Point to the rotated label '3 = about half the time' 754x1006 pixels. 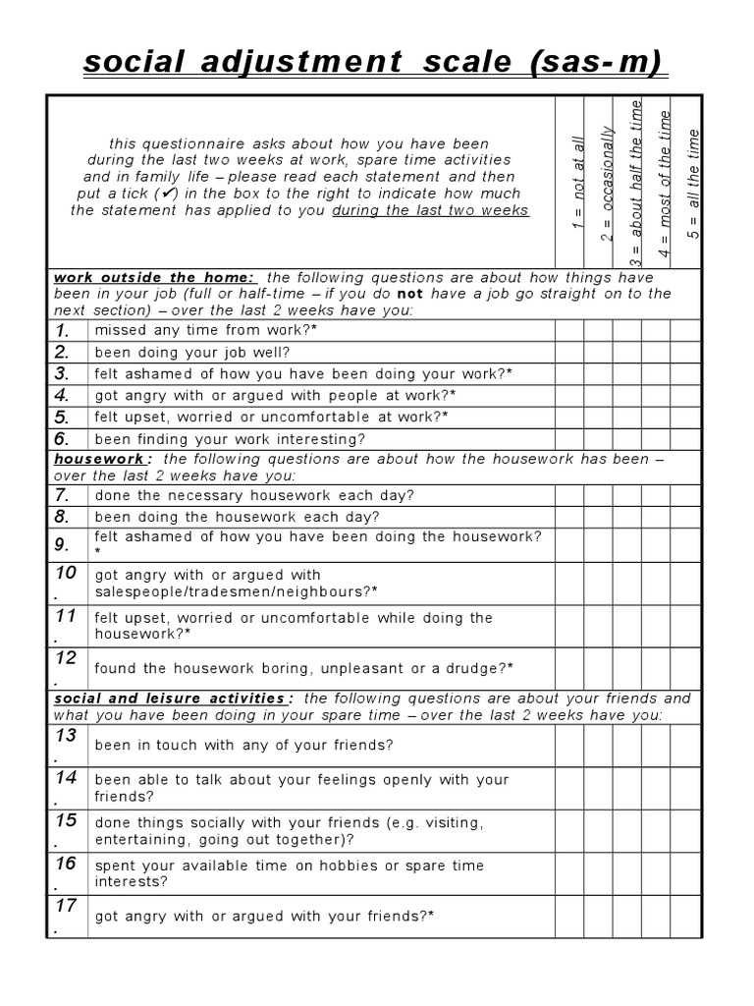point(636,182)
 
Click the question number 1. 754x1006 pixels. point(64,330)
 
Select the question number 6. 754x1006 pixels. point(64,438)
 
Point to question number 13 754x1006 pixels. point(66,737)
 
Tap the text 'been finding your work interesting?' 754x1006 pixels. point(230,438)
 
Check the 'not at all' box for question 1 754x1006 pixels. point(569,330)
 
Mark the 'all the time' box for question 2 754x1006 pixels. point(685,352)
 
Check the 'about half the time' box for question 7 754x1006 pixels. point(627,494)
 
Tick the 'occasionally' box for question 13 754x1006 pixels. point(598,745)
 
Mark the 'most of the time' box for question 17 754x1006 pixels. point(656,917)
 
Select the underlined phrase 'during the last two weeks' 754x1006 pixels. point(431,210)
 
